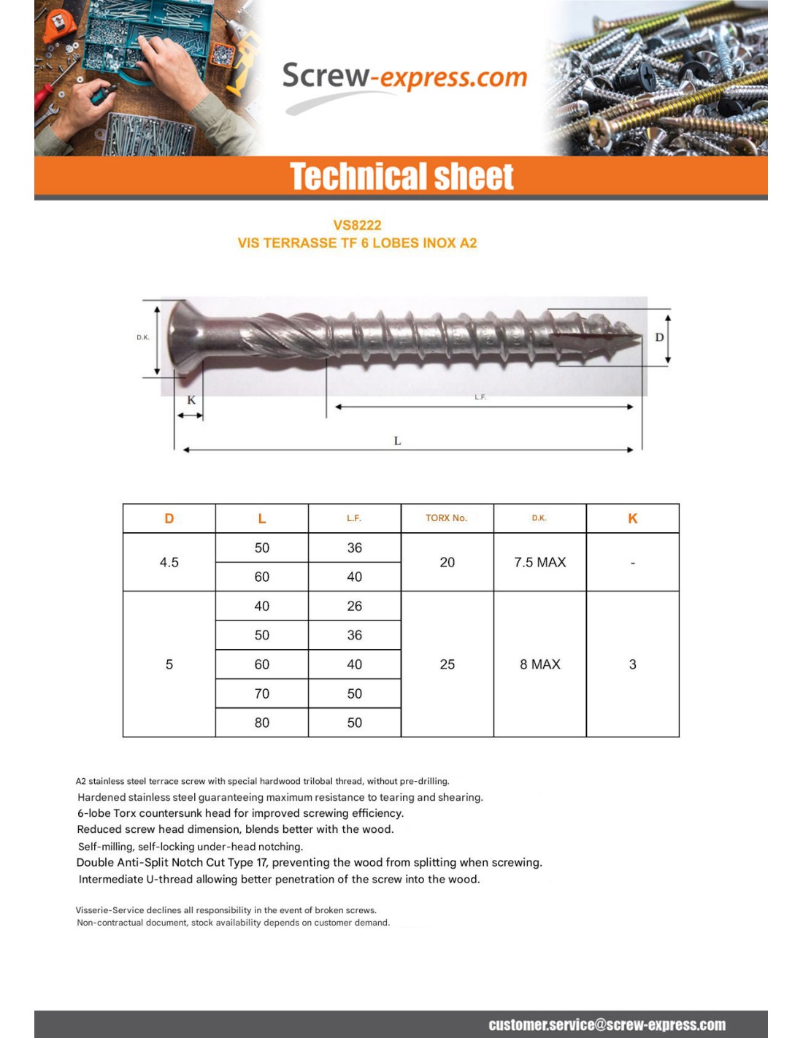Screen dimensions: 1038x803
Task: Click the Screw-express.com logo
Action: pos(404,78)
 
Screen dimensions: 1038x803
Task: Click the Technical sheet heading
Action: pos(401,177)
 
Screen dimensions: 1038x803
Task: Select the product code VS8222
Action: pos(357,225)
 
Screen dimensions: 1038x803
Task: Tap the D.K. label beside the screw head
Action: pos(143,337)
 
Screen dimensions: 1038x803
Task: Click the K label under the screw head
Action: pos(191,400)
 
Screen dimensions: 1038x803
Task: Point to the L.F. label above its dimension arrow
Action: pos(480,397)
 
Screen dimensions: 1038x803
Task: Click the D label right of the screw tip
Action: pos(659,337)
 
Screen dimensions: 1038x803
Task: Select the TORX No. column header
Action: pos(446,518)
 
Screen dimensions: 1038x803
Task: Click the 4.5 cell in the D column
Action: pos(169,562)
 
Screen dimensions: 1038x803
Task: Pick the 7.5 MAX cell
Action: pos(539,562)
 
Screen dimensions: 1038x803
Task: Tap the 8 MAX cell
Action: pos(539,664)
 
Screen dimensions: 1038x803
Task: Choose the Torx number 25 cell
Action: pos(447,664)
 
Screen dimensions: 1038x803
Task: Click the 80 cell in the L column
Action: pos(261,723)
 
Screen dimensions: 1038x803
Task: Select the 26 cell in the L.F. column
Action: pos(354,606)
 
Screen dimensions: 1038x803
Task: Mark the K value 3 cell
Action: pos(632,664)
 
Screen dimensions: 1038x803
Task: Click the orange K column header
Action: pos(632,518)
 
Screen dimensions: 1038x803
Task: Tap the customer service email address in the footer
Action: pos(607,1025)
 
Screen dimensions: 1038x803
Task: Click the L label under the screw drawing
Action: pos(397,441)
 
